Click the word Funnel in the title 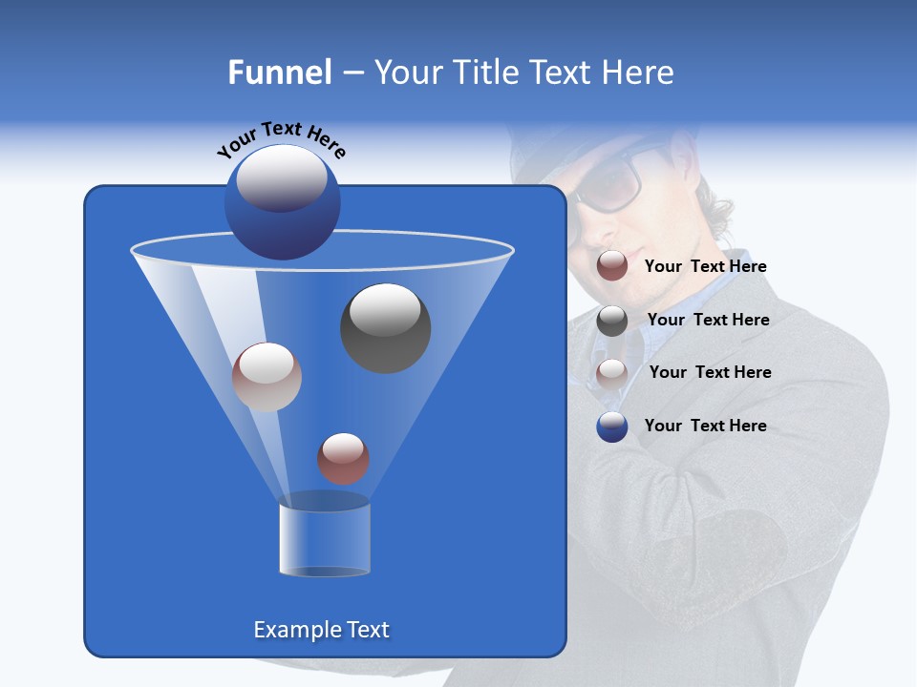coord(279,73)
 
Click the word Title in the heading coord(485,73)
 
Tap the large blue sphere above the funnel coord(282,201)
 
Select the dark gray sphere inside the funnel coord(385,327)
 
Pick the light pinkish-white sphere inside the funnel coord(267,377)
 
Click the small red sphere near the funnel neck coord(343,458)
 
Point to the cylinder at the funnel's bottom coord(325,539)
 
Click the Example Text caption coord(321,630)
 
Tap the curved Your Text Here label coord(282,138)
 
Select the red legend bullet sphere coord(612,266)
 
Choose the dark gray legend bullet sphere coord(612,320)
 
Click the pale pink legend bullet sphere coord(612,373)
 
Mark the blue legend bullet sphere coord(612,427)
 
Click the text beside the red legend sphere coord(705,266)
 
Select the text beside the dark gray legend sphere coord(708,320)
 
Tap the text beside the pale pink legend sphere coord(710,372)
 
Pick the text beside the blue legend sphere coord(705,426)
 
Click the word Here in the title coord(636,73)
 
